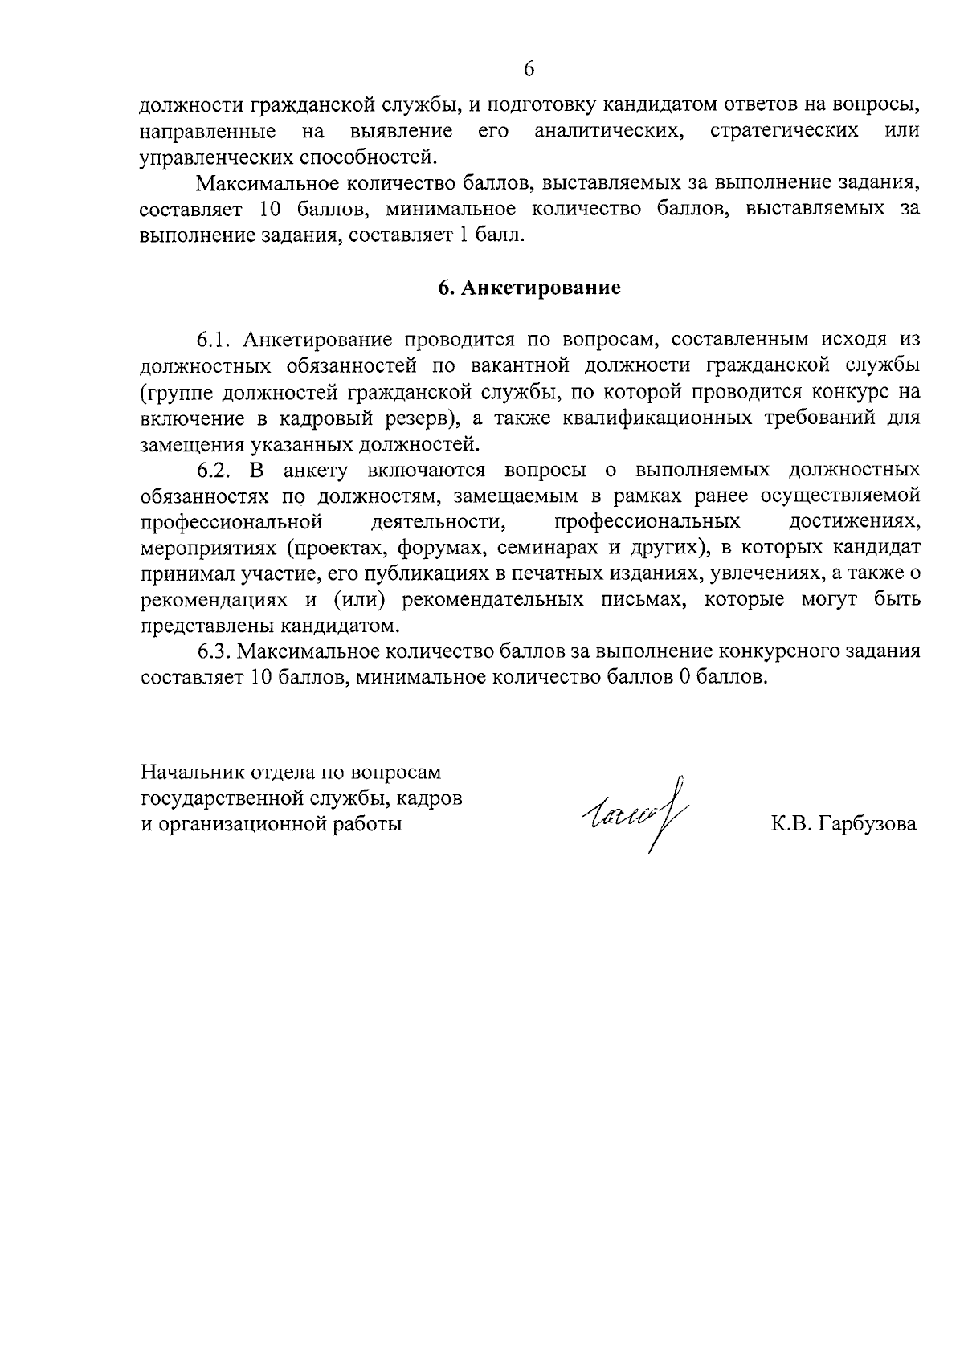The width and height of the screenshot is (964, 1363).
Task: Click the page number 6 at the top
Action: coord(529,69)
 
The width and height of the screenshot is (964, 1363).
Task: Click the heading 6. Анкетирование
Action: coord(529,288)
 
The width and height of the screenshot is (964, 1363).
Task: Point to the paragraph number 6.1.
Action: coord(214,340)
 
